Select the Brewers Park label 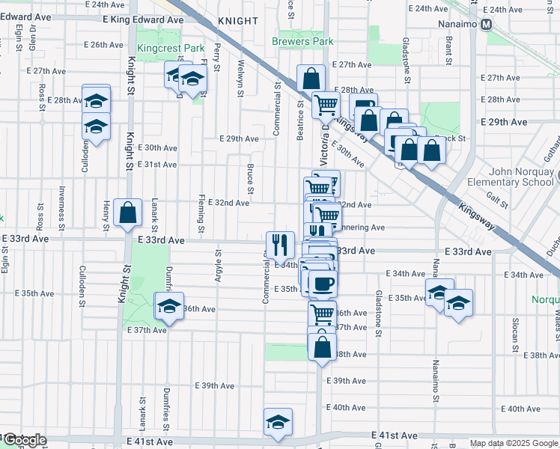(x=302, y=42)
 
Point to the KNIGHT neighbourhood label (x=237, y=22)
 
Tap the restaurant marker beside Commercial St (x=279, y=243)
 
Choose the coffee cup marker (x=323, y=284)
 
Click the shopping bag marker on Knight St (x=129, y=213)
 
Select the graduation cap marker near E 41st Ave (x=278, y=421)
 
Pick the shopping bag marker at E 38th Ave (x=322, y=348)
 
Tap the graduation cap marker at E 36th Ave (x=168, y=305)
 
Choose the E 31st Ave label (x=157, y=164)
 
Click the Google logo (x=25, y=440)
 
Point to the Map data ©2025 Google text (x=513, y=443)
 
